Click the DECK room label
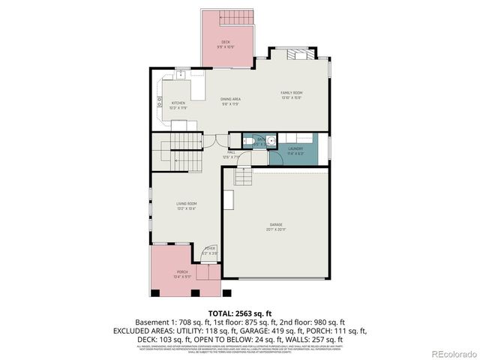tap(225, 41)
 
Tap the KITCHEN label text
tap(178, 103)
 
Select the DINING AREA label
tap(230, 99)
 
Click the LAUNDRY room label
tap(295, 148)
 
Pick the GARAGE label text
tap(277, 224)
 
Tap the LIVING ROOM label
tap(186, 203)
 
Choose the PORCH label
tap(182, 271)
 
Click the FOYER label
tap(210, 248)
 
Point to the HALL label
tap(231, 152)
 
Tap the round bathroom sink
tap(271, 140)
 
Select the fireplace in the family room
tap(299, 54)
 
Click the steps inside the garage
tap(242, 177)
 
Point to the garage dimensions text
tap(277, 229)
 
